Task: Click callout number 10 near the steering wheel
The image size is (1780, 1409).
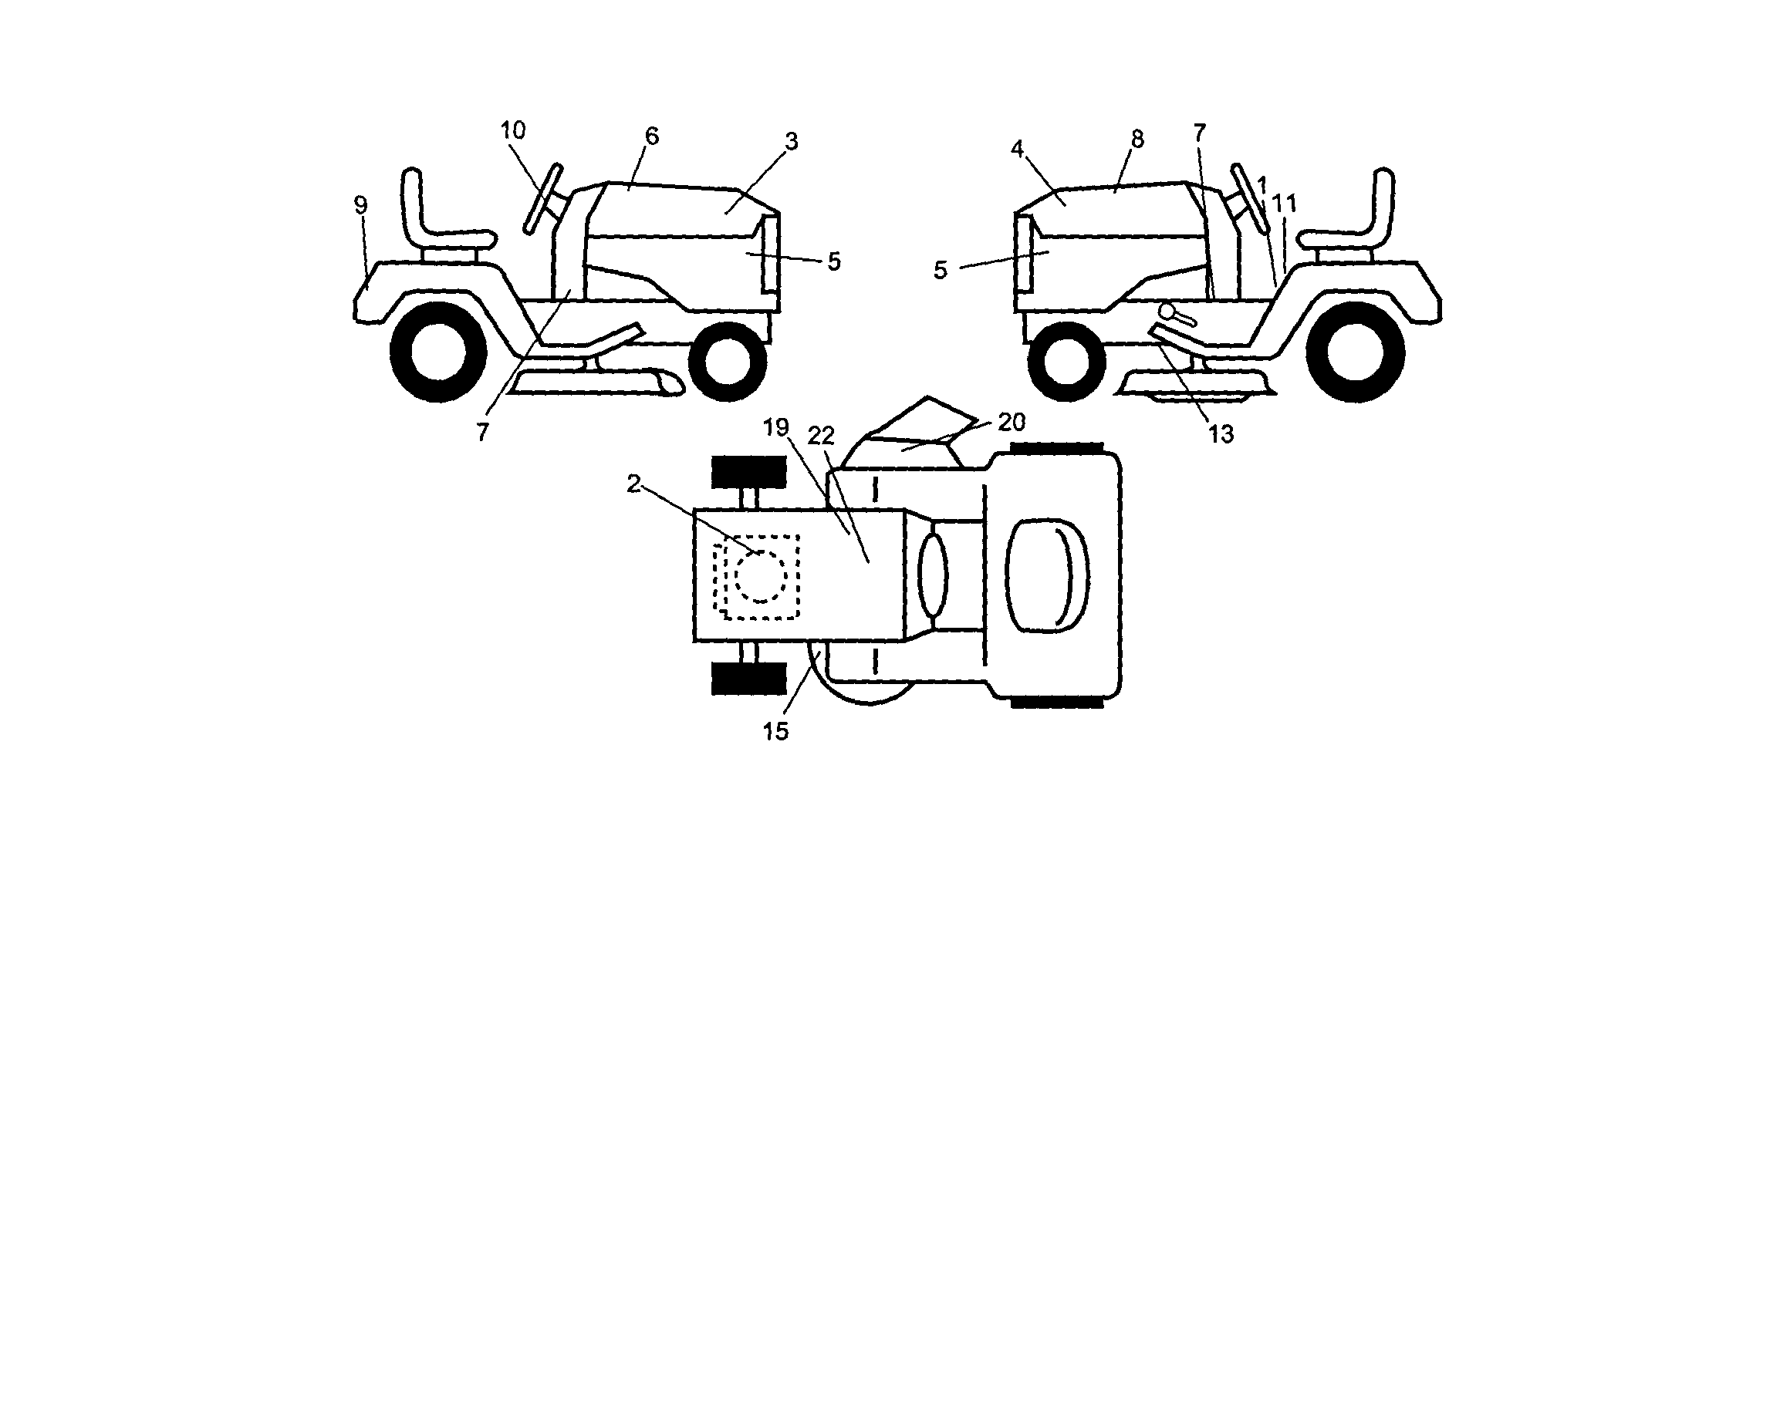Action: click(x=512, y=130)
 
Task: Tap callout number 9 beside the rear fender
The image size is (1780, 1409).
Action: click(x=360, y=205)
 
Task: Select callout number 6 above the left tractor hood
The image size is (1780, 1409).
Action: click(x=652, y=136)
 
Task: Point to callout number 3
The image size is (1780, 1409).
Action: click(x=792, y=142)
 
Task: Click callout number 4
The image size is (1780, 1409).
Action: click(x=1017, y=149)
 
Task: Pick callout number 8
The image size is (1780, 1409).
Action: click(x=1137, y=140)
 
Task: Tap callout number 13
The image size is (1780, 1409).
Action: click(x=1221, y=434)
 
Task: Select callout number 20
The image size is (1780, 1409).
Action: click(x=1011, y=422)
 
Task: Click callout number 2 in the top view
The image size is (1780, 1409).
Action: click(x=633, y=484)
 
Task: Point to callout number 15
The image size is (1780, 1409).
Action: click(x=775, y=731)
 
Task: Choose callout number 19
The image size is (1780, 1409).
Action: click(x=775, y=427)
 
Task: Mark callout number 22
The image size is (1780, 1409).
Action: click(x=820, y=436)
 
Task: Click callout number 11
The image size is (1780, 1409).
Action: click(x=1285, y=203)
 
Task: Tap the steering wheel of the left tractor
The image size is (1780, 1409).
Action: click(x=542, y=199)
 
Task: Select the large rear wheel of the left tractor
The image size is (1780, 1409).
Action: click(x=438, y=352)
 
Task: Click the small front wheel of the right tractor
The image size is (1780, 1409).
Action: click(x=1067, y=362)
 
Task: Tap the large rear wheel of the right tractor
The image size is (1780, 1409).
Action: click(x=1355, y=352)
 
